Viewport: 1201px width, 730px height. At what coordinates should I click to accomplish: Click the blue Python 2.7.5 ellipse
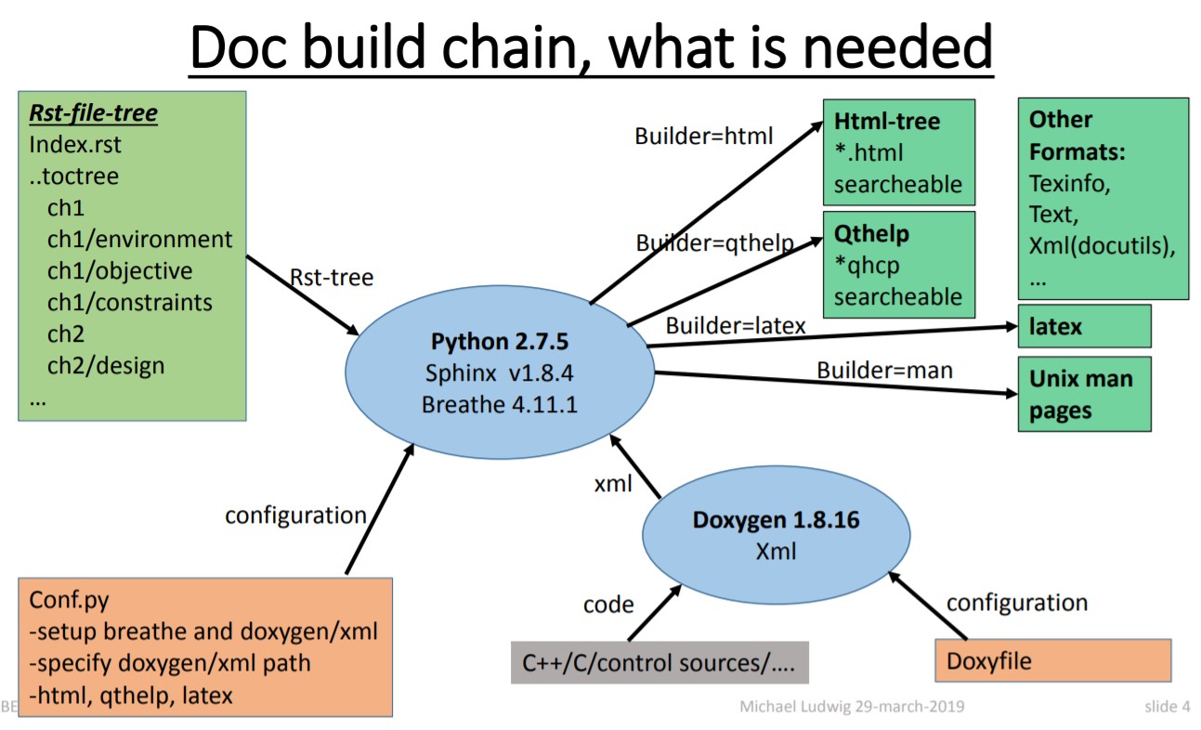(x=500, y=372)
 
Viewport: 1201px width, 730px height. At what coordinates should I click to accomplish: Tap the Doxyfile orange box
(x=1051, y=662)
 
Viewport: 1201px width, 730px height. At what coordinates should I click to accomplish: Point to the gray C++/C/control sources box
(x=659, y=663)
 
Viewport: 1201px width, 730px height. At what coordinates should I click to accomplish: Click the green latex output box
(x=1084, y=326)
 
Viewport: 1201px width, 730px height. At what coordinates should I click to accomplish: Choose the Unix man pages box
(x=1084, y=395)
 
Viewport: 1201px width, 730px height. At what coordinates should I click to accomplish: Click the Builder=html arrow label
(x=704, y=136)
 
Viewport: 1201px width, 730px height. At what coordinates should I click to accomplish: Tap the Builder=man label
(x=884, y=370)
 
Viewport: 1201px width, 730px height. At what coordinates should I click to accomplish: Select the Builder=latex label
(x=736, y=326)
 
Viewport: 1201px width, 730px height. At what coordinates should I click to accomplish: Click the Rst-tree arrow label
(x=332, y=277)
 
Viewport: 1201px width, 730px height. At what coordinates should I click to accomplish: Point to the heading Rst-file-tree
(x=93, y=113)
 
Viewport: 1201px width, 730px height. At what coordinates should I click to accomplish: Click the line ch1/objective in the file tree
(x=120, y=271)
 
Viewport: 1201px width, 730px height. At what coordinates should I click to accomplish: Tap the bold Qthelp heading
(x=871, y=233)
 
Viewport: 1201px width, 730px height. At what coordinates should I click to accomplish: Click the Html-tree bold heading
(x=886, y=121)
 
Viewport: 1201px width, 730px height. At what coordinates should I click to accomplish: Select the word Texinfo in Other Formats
(x=1069, y=183)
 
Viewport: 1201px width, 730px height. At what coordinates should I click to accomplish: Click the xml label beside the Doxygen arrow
(x=613, y=483)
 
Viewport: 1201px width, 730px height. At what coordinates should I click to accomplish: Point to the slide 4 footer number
(x=1167, y=707)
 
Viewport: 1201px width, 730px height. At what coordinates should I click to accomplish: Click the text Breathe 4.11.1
(x=501, y=405)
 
